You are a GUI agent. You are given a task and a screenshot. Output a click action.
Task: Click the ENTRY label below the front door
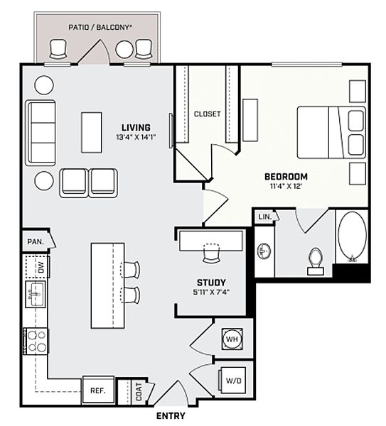(171, 415)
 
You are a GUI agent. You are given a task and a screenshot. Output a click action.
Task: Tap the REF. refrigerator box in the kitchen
(98, 390)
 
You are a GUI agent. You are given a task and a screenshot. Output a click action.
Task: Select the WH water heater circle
(232, 339)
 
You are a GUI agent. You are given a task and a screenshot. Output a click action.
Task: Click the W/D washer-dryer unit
(233, 381)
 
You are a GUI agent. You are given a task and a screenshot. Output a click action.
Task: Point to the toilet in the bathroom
(316, 261)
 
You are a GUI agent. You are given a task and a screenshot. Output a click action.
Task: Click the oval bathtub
(352, 236)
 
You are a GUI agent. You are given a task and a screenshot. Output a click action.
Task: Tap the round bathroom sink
(264, 251)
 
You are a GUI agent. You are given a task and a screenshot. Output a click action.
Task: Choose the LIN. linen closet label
(265, 217)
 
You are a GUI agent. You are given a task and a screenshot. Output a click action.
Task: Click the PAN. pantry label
(36, 241)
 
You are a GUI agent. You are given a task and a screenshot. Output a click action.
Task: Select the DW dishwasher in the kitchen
(37, 266)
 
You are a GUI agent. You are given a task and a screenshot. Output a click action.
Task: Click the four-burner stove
(36, 342)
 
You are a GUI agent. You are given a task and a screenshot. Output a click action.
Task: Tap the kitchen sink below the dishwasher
(36, 294)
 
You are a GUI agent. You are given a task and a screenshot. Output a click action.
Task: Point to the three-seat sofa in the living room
(41, 133)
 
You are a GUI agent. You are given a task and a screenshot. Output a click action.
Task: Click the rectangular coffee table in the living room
(92, 133)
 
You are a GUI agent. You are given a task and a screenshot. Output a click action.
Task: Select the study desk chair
(211, 253)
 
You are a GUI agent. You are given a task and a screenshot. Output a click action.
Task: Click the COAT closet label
(139, 391)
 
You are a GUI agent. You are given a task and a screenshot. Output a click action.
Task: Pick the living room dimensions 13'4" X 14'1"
(136, 137)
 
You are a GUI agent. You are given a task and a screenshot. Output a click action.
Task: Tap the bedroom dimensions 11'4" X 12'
(286, 186)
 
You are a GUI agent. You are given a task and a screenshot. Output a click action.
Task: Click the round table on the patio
(124, 50)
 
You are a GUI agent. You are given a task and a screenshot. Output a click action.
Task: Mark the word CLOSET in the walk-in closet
(208, 114)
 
